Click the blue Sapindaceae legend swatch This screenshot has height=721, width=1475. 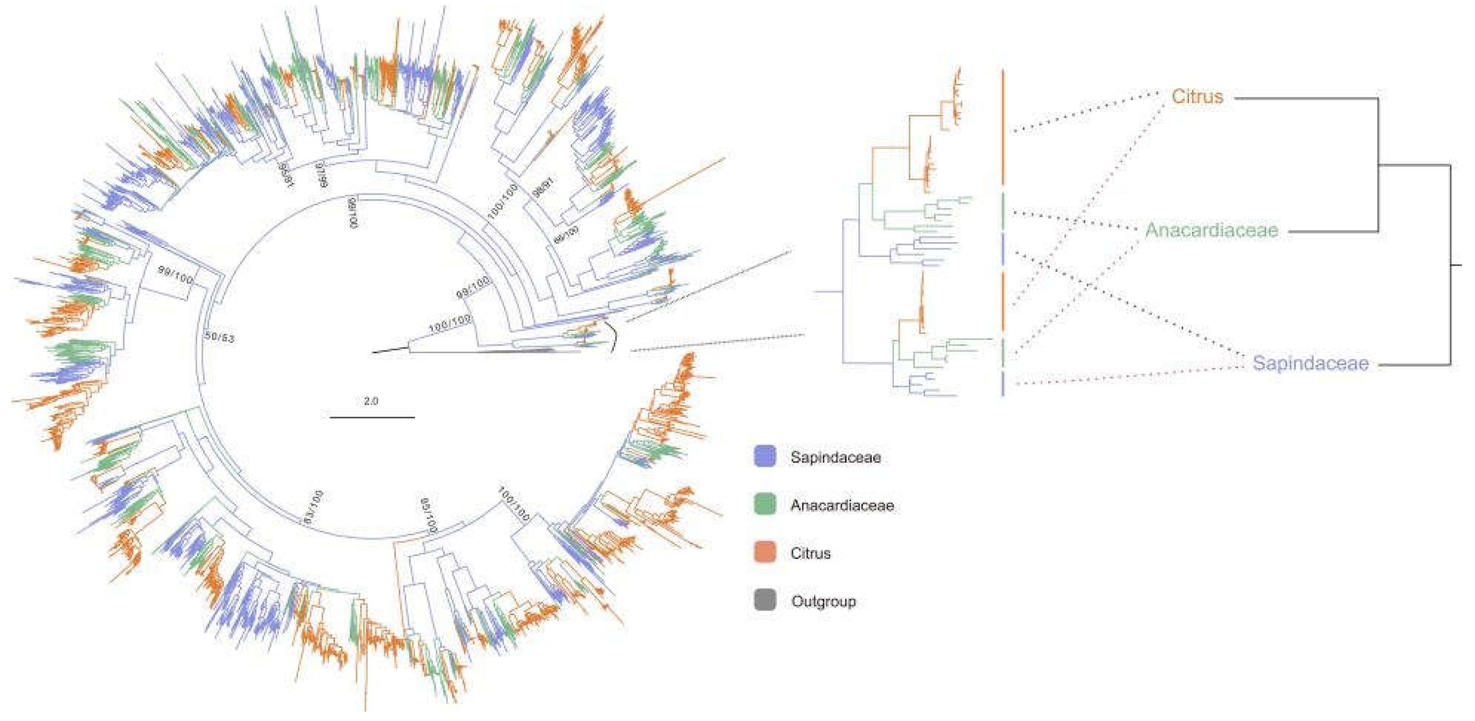pos(765,457)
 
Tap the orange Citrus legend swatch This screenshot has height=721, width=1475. pos(765,553)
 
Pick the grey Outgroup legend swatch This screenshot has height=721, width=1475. pos(765,601)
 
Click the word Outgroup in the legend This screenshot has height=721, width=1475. pos(823,601)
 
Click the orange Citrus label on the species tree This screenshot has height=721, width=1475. pos(1197,96)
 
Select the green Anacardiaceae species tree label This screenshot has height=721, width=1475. pos(1212,230)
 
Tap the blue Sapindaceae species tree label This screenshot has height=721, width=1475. pos(1311,363)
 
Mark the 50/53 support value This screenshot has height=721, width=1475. pos(220,336)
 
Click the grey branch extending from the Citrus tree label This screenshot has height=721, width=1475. pos(1306,99)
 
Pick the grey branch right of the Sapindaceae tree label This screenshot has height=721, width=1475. pos(1414,365)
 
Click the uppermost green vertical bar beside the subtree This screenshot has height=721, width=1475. pos(1003,210)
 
